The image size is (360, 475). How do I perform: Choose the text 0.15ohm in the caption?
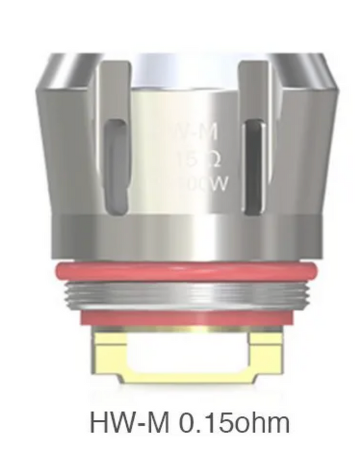point(235,423)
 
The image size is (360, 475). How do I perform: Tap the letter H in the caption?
point(100,423)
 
